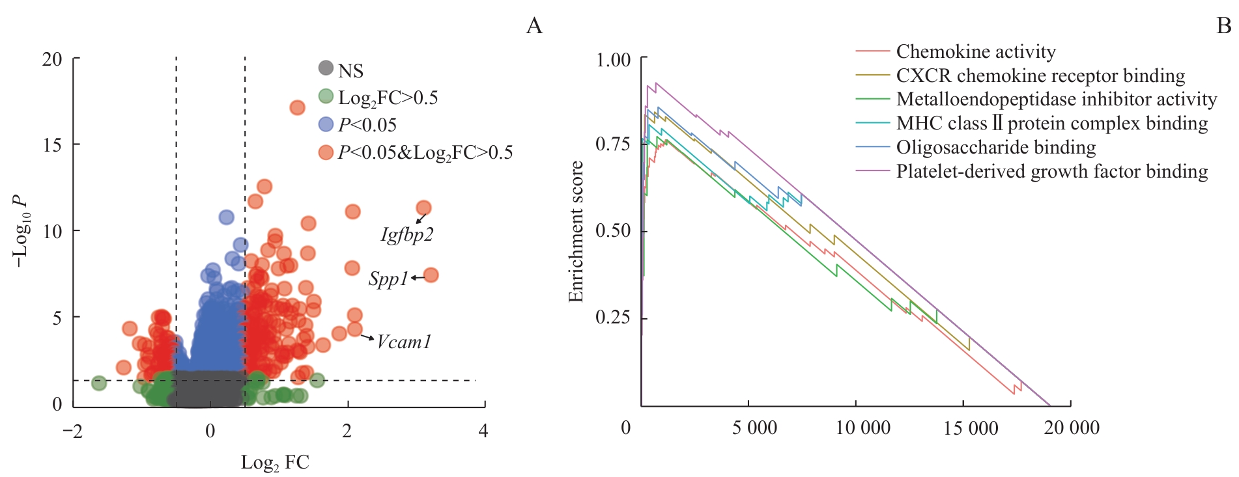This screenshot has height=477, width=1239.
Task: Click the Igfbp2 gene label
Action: pos(406,234)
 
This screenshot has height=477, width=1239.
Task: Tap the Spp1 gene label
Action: pos(388,279)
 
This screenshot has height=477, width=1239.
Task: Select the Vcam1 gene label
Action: pos(404,342)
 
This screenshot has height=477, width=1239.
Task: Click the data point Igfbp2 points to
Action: pos(423,208)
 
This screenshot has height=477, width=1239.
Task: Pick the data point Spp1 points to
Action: pos(431,276)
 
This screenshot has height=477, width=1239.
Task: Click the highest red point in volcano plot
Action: pos(297,107)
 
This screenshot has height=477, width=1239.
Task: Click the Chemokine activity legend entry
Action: pos(975,51)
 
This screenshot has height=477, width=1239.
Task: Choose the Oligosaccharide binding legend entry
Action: pos(995,147)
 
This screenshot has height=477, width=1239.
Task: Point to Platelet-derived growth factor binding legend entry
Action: pos(1051,171)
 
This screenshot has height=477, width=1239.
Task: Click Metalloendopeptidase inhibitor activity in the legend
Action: pos(1056,99)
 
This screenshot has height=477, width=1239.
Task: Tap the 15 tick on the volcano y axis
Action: pos(53,144)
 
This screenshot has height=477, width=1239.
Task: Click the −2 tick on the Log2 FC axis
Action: pos(73,431)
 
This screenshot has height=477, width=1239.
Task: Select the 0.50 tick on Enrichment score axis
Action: pos(613,231)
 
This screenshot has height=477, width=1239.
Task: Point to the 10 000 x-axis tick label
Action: pos(862,428)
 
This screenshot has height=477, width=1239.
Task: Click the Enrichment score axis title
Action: pos(575,231)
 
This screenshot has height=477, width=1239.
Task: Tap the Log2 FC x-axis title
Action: pos(275,462)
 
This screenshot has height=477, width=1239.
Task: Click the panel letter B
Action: pos(1223,25)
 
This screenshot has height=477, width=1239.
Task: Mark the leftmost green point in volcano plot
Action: pos(98,383)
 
